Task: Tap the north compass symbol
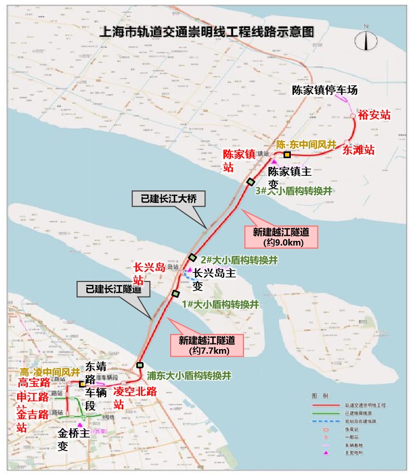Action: pos(366,38)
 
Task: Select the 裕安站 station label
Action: pos(374,115)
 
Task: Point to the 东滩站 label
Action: pos(358,150)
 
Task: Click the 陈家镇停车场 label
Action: pos(325,90)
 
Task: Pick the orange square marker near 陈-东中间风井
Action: pos(287,155)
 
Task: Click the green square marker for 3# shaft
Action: pos(250,182)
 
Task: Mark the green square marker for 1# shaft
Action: pos(175,294)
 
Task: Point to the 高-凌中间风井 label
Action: pos(50,372)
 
